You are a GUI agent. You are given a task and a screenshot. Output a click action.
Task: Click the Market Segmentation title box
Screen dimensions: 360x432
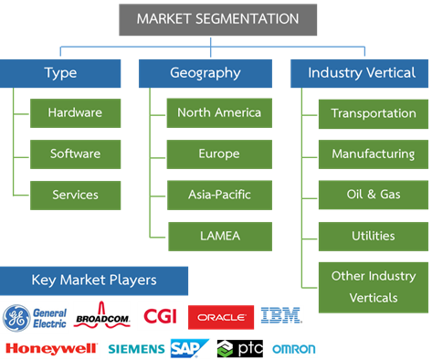point(217,19)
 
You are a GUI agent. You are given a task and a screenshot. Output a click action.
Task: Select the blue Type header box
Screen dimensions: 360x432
point(60,73)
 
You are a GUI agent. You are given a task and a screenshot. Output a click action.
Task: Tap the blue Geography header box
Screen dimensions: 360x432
point(205,73)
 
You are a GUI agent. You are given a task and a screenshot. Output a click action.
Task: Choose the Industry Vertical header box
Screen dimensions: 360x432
point(360,73)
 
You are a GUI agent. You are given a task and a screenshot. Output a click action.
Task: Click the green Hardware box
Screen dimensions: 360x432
point(74,113)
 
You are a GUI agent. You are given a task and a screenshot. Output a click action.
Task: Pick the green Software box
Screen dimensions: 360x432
point(74,154)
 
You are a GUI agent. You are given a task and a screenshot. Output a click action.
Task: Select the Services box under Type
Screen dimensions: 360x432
point(74,194)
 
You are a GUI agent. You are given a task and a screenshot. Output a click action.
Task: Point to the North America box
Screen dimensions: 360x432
point(218,113)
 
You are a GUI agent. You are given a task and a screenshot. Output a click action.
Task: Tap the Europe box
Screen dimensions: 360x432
point(218,154)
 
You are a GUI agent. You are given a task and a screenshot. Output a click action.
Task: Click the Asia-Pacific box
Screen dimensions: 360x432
point(218,194)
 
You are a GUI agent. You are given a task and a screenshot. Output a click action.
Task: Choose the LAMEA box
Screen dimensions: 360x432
point(218,235)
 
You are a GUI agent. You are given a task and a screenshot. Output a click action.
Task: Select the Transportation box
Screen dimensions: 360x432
point(373,113)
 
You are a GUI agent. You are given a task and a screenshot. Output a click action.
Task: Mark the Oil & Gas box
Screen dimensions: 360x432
point(373,194)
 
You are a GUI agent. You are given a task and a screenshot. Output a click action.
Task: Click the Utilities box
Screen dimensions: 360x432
point(373,235)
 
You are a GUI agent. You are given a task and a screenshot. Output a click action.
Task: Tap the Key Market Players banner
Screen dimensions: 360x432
point(94,281)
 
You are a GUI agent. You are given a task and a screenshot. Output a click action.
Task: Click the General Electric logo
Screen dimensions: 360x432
point(34,316)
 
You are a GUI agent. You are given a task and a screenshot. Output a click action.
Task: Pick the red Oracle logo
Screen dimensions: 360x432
point(220,317)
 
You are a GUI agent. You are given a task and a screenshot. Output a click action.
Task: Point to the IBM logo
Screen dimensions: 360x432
point(281,316)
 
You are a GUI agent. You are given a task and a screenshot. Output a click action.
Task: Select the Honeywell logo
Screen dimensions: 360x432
point(51,348)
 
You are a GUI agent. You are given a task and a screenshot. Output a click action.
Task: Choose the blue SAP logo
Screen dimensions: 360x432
point(189,348)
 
